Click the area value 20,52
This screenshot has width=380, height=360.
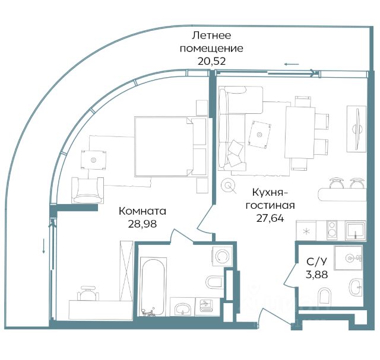[211, 61]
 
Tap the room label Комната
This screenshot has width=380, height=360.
[142, 211]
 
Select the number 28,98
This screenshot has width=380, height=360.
[142, 224]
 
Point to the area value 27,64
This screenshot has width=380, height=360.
[270, 218]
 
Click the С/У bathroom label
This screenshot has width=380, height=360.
[316, 262]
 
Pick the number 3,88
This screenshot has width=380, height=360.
[316, 275]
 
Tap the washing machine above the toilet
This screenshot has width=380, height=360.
[222, 256]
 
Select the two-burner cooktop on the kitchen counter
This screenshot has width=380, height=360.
[331, 230]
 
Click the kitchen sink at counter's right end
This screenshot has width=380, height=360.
[355, 230]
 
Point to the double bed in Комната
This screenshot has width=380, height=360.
[171, 146]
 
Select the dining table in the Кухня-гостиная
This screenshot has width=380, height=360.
[300, 132]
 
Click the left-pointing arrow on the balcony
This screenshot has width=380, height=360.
[292, 65]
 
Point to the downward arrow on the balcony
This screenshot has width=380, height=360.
[43, 246]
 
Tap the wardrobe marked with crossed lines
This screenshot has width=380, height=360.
[126, 270]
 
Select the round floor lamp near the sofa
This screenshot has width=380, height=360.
[228, 186]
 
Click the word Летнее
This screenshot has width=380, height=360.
[211, 36]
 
